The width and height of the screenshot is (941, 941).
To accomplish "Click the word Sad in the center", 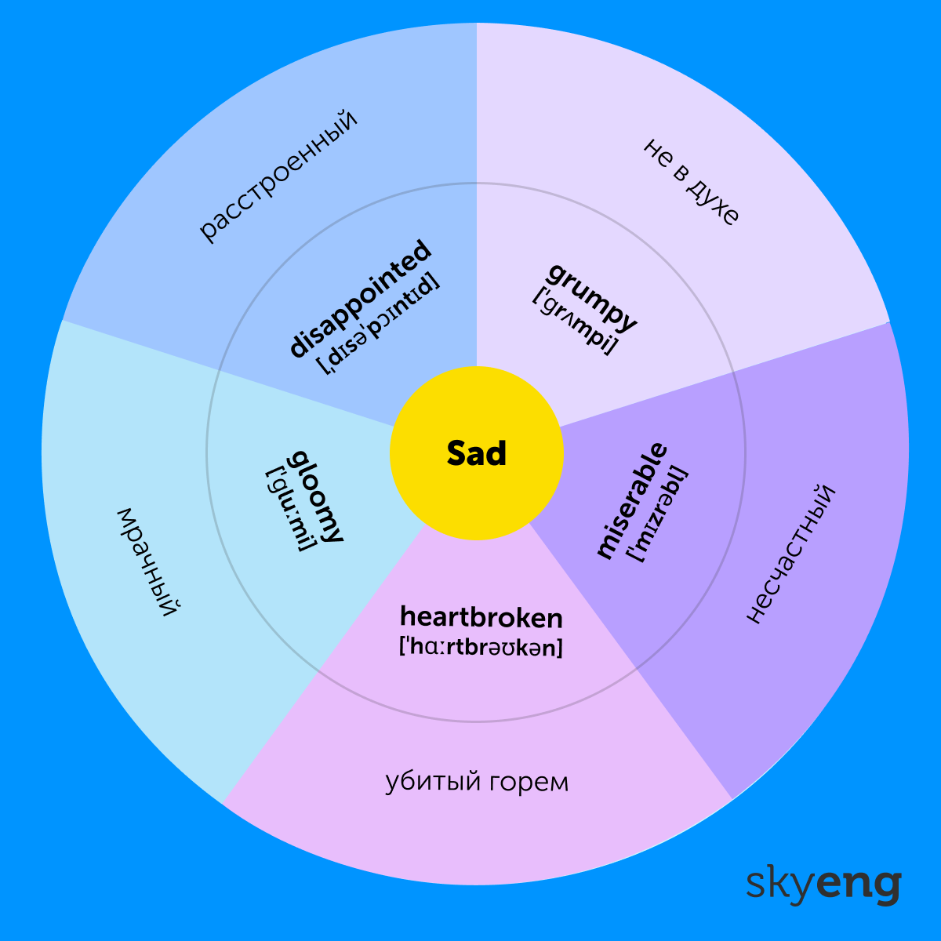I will click(x=477, y=453).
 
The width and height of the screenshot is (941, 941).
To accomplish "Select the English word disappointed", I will click(x=361, y=299).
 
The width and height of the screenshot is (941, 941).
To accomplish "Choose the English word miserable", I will click(x=632, y=500).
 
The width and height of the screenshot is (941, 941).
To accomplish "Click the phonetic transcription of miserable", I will click(x=657, y=514).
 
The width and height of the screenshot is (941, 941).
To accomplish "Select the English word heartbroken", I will click(x=481, y=618).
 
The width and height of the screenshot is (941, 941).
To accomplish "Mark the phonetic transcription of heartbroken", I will click(x=481, y=648).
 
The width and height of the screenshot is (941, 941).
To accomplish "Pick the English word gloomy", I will click(x=317, y=496).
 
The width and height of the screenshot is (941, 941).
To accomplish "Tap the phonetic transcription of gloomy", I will click(x=291, y=508).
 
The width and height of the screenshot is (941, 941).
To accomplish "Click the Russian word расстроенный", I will click(x=278, y=175).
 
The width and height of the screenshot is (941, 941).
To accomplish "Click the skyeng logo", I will click(x=823, y=884).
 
